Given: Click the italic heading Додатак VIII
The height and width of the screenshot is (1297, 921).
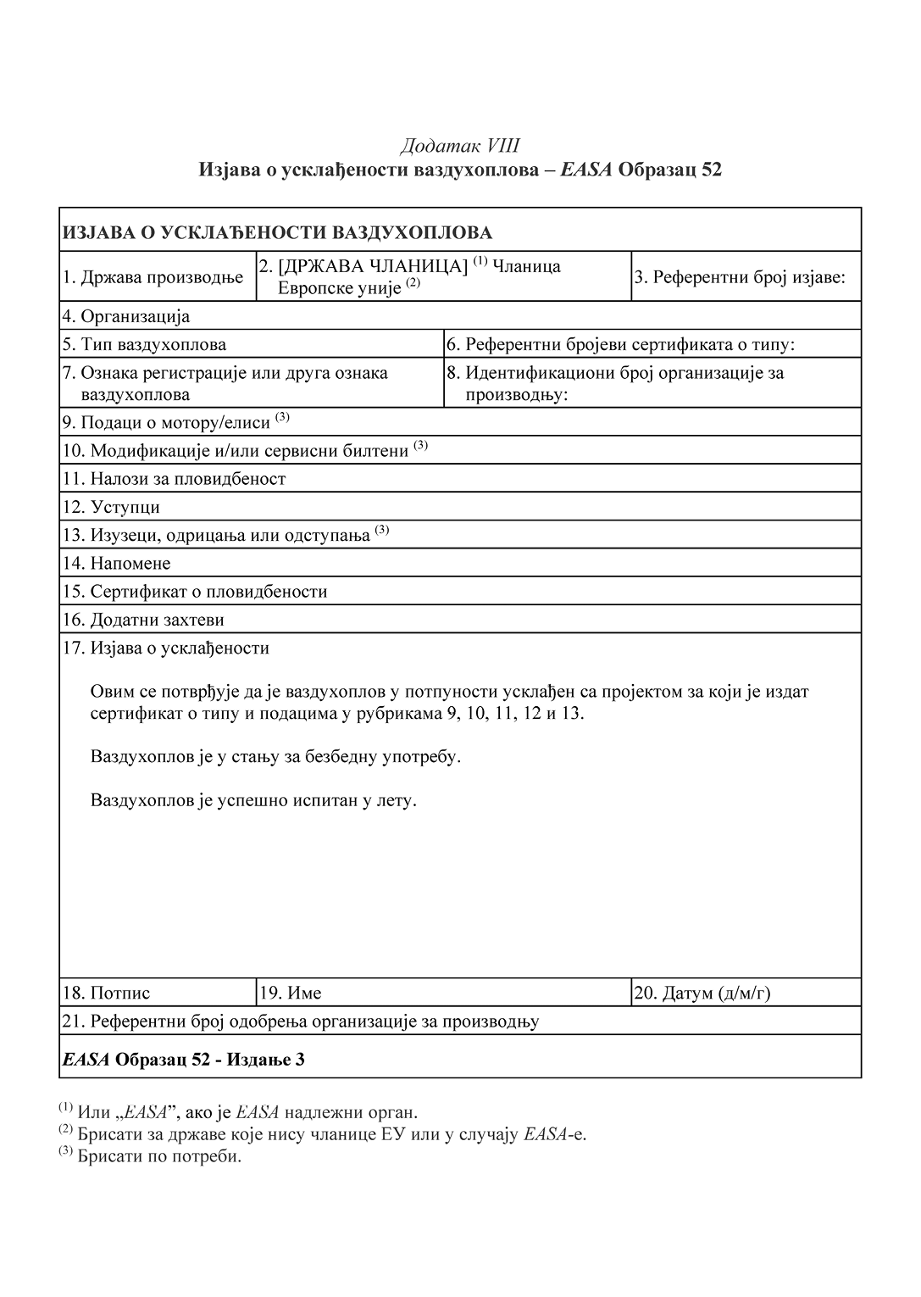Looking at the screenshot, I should [x=460, y=146].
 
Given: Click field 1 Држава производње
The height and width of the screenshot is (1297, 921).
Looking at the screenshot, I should [x=153, y=277].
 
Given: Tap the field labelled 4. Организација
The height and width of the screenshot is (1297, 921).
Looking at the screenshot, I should [x=126, y=317].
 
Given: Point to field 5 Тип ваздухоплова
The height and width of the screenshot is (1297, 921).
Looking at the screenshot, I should [x=144, y=345].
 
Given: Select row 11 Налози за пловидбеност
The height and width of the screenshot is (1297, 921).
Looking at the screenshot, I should [x=174, y=479].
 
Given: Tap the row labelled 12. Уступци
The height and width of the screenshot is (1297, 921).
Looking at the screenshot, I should [x=111, y=508].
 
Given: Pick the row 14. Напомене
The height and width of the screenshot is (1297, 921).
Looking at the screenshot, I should [x=117, y=564].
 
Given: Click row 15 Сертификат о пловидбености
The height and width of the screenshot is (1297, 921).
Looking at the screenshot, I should [x=195, y=592].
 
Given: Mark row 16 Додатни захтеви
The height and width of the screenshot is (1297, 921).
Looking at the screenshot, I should [x=144, y=620].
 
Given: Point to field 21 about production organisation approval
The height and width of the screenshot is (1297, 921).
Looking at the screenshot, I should [x=301, y=1021].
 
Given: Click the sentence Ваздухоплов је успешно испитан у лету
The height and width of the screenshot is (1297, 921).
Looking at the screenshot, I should [x=253, y=799].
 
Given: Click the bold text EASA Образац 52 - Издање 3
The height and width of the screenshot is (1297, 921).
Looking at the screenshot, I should [x=183, y=1060].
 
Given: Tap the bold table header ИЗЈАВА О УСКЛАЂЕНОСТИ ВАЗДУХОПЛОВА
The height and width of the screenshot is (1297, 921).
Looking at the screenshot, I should [x=277, y=232].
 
